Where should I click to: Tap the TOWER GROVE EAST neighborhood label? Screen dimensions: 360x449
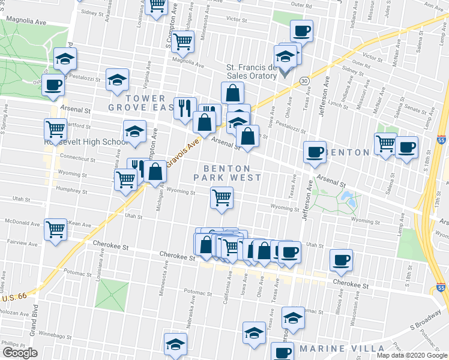[137, 103]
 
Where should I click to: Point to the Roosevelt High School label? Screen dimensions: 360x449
[84, 142]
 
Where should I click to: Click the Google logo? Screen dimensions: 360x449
[20, 353]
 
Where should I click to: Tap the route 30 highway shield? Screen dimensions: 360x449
[305, 80]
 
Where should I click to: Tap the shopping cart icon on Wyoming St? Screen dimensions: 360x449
[222, 197]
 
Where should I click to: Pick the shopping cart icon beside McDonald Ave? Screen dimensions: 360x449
[56, 228]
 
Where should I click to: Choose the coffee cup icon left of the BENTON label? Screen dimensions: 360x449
[315, 152]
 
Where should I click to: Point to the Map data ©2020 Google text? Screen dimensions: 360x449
[411, 355]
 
